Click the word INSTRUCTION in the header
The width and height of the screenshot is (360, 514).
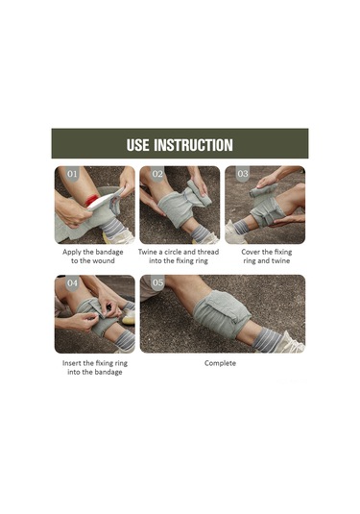pos(193,145)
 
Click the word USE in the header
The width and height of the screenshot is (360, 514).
pos(138,145)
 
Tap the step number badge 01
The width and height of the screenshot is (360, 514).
pos(72,174)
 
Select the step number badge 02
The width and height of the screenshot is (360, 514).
pos(157,174)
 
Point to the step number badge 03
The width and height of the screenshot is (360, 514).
pos(243,174)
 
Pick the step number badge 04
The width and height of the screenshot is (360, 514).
pos(72,282)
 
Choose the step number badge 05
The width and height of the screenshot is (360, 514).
pos(157,282)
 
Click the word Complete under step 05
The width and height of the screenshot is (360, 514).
pos(220,363)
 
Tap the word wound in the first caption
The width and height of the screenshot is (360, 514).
pos(104,261)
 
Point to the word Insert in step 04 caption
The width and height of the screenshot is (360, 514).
pos(72,363)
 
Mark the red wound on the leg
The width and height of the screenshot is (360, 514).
pos(92,200)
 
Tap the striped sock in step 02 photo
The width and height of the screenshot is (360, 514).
pos(201,233)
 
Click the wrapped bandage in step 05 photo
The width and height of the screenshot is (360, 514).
pos(222,314)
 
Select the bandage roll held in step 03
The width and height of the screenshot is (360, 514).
pos(264,190)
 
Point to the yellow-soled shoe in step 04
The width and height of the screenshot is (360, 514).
pos(129,317)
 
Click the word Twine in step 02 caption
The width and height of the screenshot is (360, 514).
pos(147,252)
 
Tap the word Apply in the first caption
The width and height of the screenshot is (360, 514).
pos(72,253)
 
